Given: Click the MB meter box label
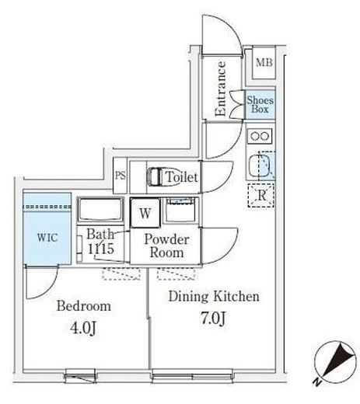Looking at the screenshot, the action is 264,62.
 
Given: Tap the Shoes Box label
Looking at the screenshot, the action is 260,104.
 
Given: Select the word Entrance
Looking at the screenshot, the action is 221,89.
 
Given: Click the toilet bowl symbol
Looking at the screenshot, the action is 155,177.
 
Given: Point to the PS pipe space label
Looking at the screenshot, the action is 121,176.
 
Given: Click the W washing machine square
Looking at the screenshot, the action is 145,213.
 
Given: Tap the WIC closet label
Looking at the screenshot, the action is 47,238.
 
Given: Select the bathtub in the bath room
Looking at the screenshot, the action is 100,210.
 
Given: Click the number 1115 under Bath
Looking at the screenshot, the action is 101,249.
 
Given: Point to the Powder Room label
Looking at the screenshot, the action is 166,246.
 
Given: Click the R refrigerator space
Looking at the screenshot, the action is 261,196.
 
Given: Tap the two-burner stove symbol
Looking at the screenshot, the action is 260,136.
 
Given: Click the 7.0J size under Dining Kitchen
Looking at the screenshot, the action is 214,319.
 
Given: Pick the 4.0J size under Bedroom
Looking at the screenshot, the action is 83,329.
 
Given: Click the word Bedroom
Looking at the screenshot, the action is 84,306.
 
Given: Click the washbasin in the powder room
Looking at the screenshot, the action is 180,210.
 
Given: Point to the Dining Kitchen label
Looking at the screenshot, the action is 214,296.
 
